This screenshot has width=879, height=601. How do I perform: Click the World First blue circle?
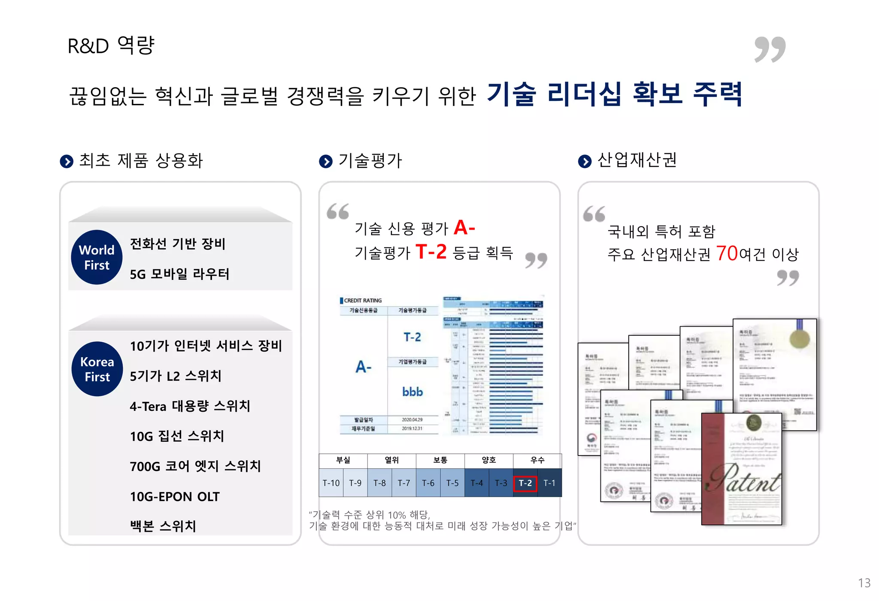(97, 257)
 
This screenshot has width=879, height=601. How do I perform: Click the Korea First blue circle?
(97, 369)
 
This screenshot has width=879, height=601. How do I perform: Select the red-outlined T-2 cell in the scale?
(525, 483)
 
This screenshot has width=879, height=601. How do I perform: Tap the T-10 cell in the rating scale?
(331, 483)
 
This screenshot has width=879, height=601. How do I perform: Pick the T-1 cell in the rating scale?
(549, 483)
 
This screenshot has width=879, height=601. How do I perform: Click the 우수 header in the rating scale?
(537, 460)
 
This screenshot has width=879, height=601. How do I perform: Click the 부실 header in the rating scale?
(343, 460)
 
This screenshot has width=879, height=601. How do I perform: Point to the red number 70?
(727, 253)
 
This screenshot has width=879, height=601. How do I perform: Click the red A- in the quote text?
(464, 228)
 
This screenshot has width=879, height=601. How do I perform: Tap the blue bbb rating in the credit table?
(412, 392)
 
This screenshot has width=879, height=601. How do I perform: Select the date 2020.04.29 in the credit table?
(412, 420)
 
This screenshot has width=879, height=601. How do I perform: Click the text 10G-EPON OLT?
(175, 497)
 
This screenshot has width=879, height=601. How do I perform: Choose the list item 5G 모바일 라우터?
(179, 274)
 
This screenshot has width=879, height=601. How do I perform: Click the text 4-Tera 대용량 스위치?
(190, 406)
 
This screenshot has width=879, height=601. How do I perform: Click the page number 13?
(864, 583)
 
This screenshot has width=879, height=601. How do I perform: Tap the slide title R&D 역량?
(111, 46)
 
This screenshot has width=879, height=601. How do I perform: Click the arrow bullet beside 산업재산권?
(585, 161)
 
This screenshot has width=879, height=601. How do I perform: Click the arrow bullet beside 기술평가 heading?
(326, 161)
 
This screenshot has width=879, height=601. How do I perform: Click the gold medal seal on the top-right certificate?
(800, 339)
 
